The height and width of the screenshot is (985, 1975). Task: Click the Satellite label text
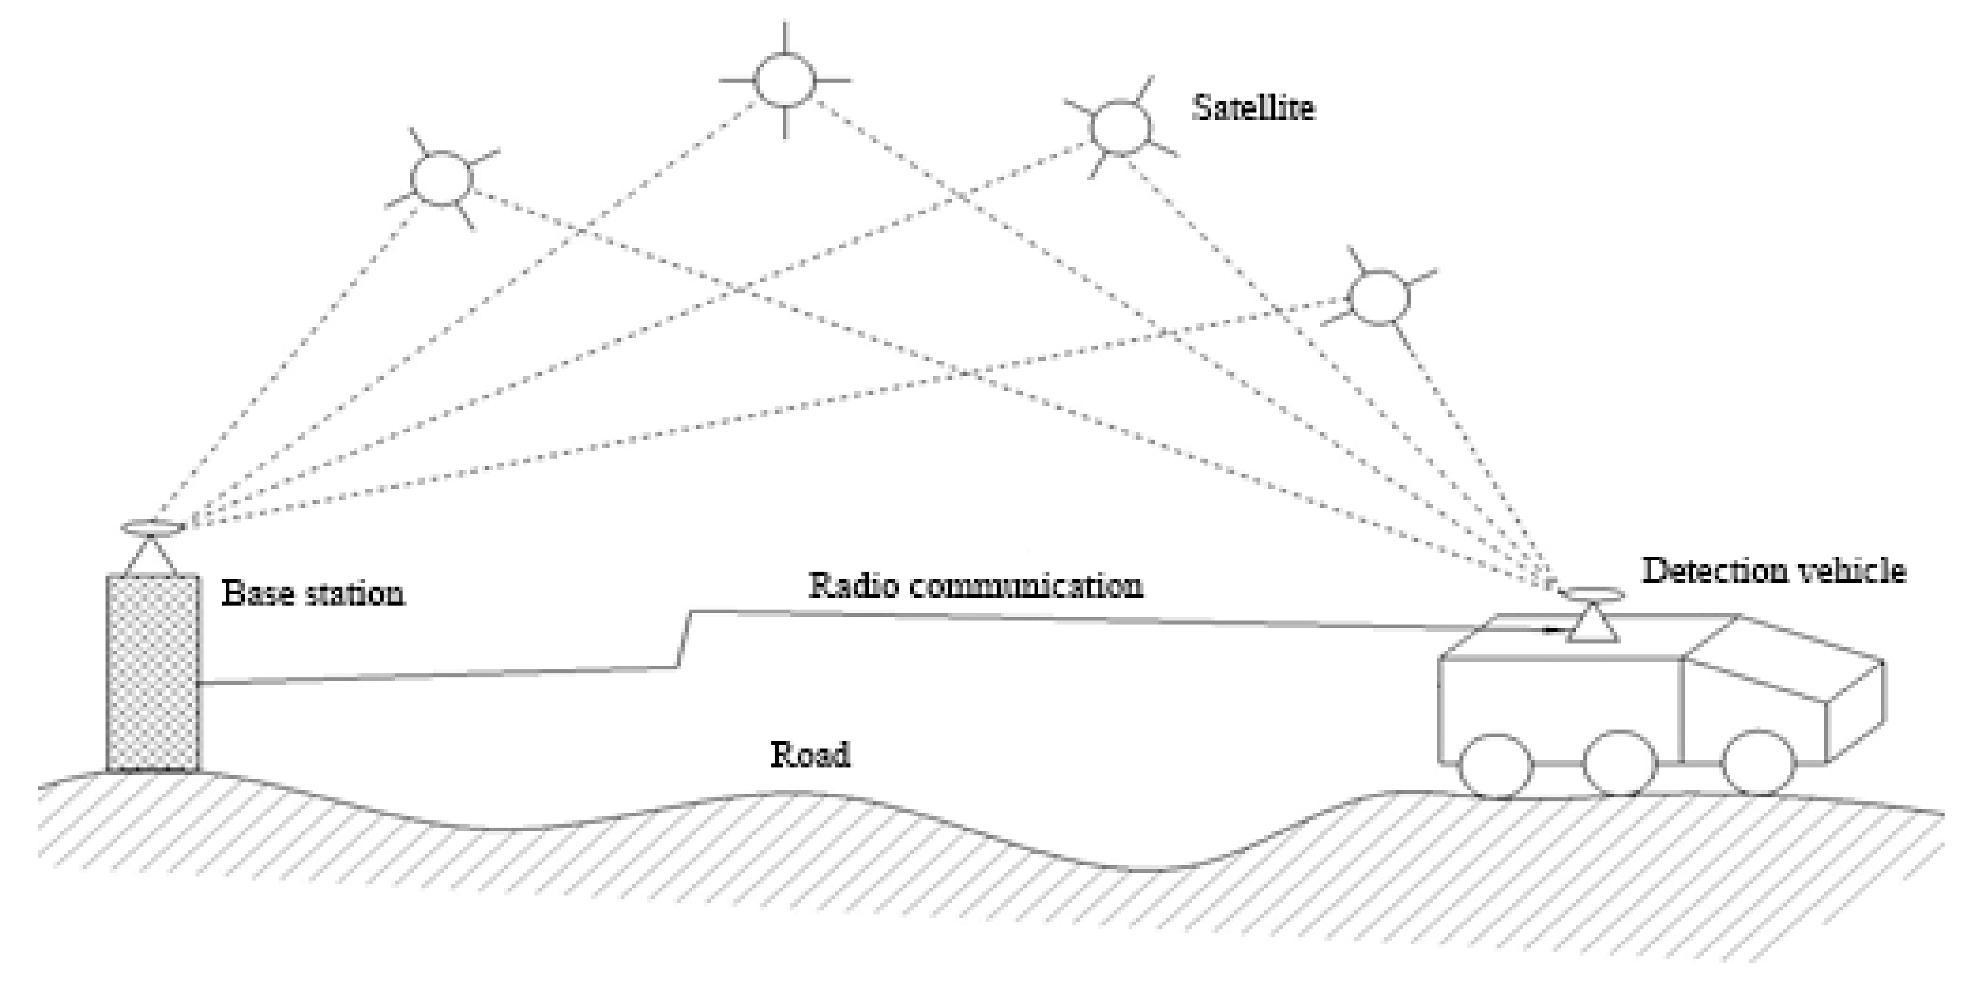pos(1253,108)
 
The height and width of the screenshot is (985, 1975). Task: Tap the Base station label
pos(313,594)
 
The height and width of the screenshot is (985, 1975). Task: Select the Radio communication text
pos(975,586)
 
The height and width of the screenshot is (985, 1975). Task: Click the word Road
pos(810,755)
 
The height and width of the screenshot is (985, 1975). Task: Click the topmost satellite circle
pos(784,80)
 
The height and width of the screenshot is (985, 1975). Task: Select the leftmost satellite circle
pos(442,178)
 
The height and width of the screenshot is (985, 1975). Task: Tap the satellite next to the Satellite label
pos(1120,128)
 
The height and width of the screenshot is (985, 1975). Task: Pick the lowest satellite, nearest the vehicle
pos(1379,297)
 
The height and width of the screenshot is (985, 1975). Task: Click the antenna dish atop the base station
pos(153,528)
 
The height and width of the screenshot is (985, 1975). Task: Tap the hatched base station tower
pos(153,673)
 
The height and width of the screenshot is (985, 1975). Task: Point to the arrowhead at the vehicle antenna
pos(1552,631)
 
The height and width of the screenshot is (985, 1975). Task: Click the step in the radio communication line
pos(683,638)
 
